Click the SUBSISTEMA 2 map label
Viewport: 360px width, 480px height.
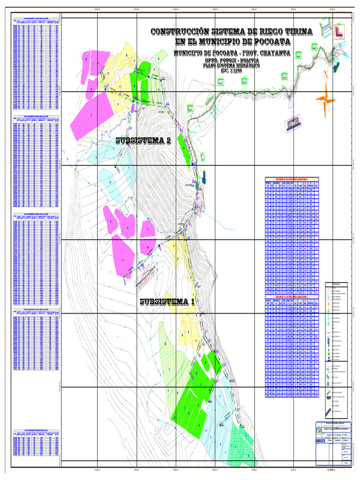(143, 141)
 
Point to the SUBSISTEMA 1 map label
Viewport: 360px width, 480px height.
(167, 301)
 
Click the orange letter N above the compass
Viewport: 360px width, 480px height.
(325, 76)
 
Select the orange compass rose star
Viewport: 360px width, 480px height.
(326, 98)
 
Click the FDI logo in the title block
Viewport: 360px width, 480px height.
(320, 429)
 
